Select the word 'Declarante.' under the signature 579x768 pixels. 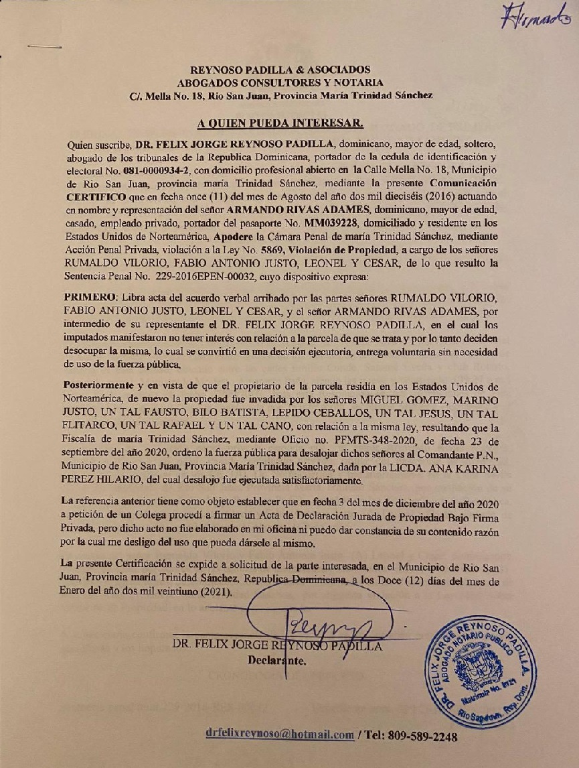(x=277, y=661)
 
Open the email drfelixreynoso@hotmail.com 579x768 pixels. (x=280, y=735)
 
